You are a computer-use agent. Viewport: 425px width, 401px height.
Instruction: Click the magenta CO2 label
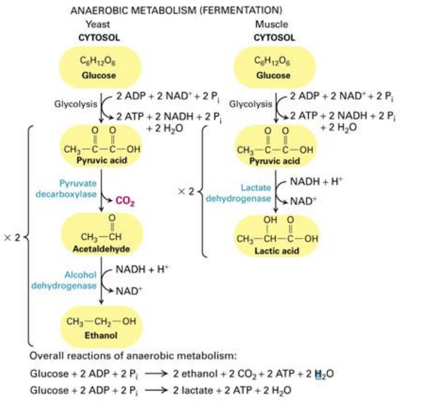point(124,201)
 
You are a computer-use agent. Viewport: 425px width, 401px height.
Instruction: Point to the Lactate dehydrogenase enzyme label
point(239,193)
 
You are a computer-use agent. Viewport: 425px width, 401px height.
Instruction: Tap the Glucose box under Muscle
point(275,68)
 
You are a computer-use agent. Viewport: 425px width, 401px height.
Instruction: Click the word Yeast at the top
point(98,24)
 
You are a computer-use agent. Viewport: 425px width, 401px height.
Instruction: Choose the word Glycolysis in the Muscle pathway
point(250,105)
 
